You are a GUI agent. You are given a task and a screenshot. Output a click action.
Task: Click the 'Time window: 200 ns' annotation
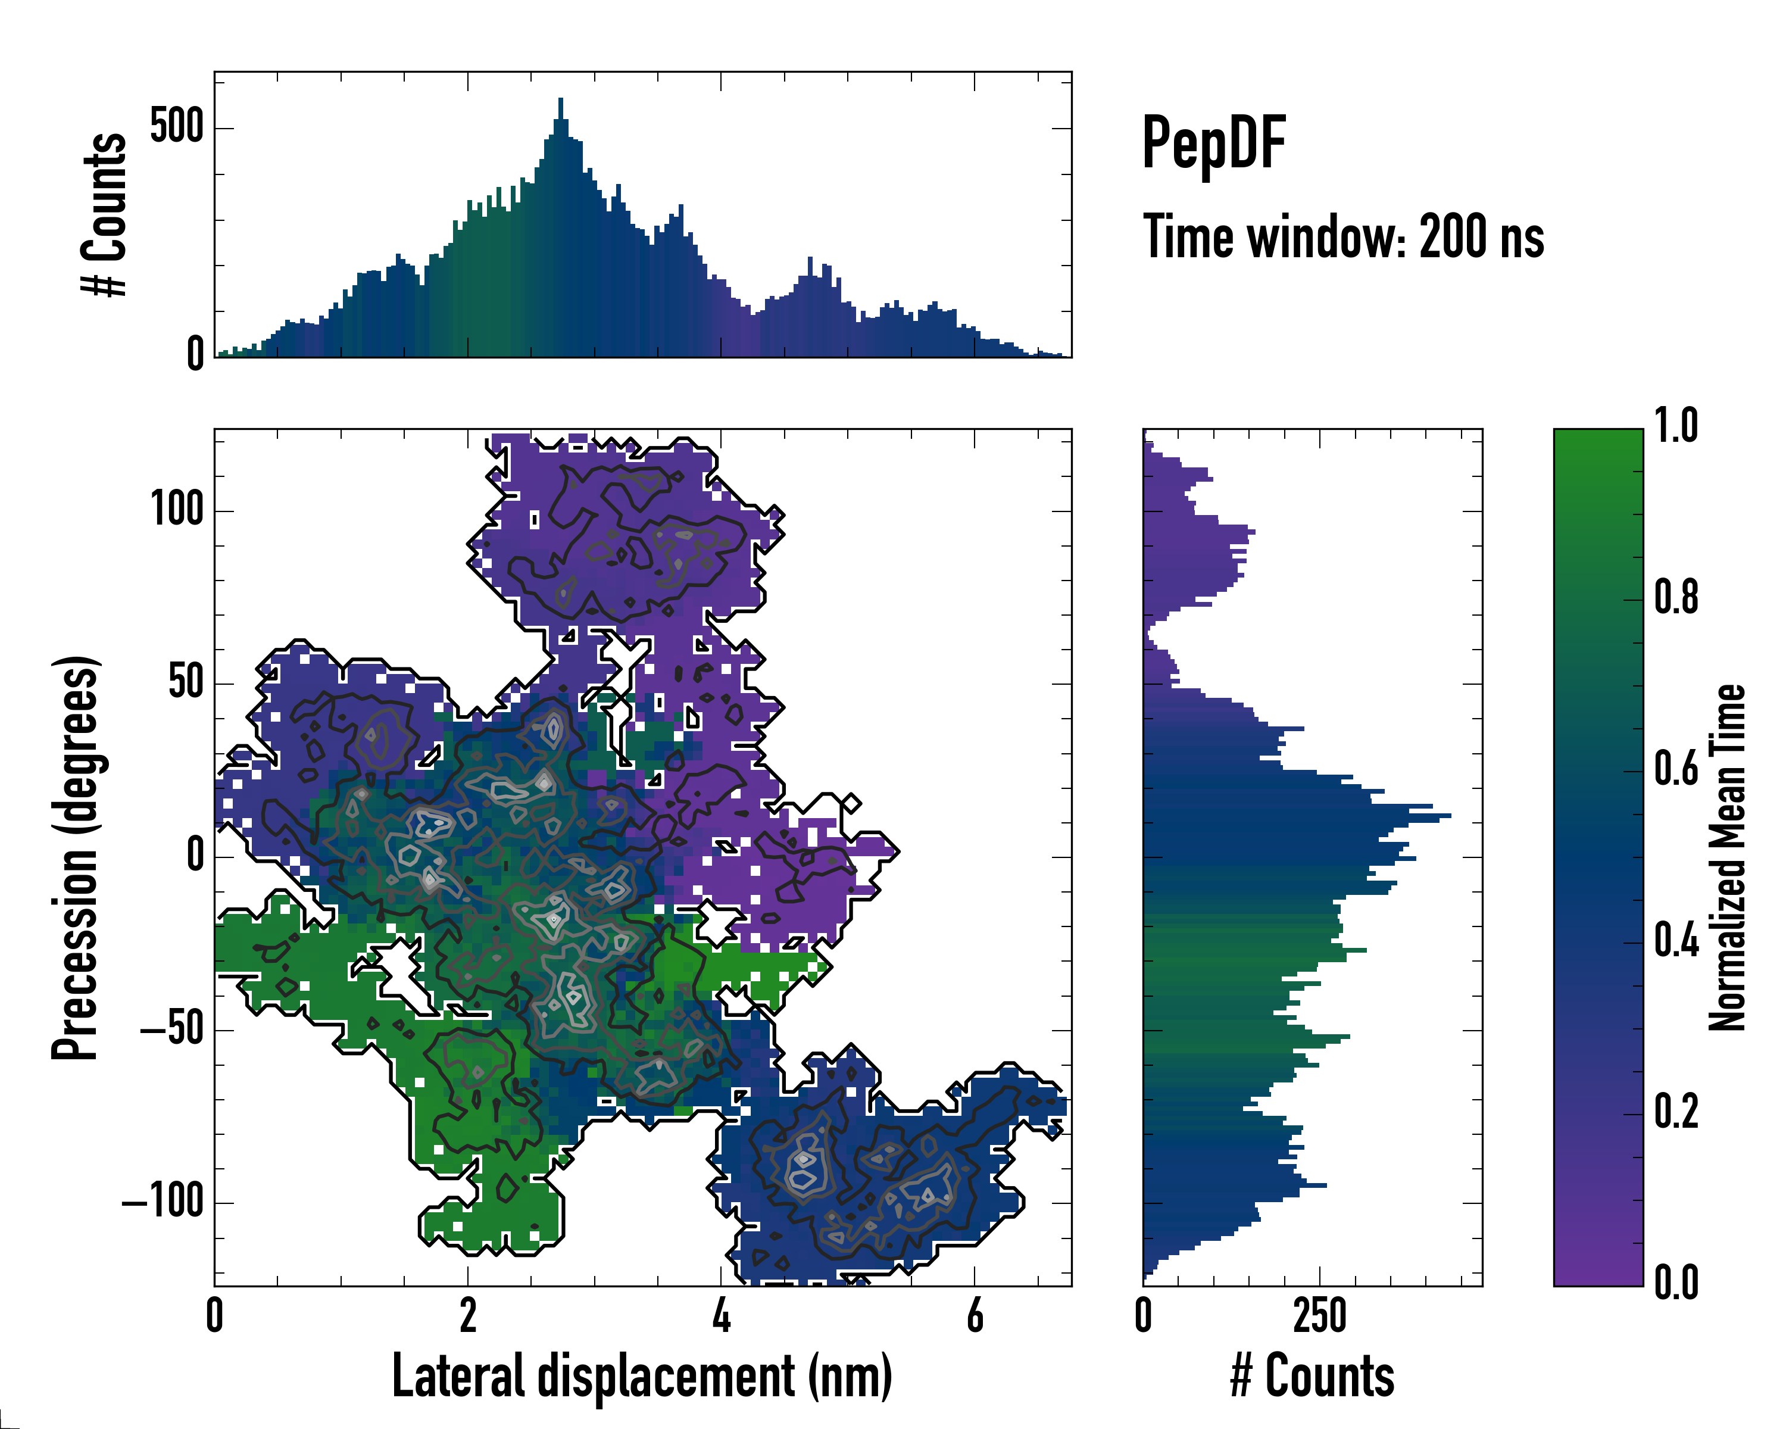[x=1343, y=238]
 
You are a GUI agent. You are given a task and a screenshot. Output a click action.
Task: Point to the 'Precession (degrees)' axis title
[x=76, y=857]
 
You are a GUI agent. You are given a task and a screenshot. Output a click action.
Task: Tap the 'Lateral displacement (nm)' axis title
[x=642, y=1376]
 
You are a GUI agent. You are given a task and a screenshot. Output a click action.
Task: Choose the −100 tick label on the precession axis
[x=163, y=1201]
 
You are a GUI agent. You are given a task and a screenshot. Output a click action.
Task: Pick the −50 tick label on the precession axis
[x=171, y=1029]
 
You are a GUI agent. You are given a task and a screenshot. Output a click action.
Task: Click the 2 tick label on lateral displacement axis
[x=468, y=1315]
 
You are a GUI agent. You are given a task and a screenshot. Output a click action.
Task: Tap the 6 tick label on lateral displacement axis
[x=975, y=1315]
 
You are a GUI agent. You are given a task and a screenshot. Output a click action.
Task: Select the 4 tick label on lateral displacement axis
[x=722, y=1315]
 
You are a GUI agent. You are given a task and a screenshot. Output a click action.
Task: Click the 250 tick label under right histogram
[x=1320, y=1315]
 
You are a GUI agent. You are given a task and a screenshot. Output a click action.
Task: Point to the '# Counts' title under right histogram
[x=1312, y=1376]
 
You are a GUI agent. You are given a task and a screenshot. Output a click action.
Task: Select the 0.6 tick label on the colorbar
[x=1676, y=770]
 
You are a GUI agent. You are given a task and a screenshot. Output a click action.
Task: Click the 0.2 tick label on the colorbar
[x=1676, y=1113]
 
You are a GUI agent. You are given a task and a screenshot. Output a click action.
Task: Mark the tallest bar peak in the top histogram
[x=561, y=100]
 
